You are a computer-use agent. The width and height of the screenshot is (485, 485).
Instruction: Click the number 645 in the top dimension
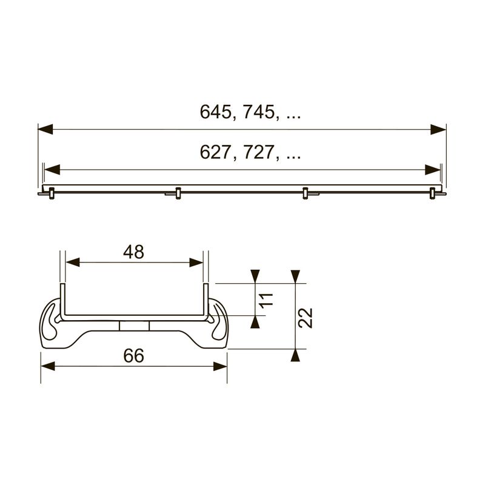pos(215,112)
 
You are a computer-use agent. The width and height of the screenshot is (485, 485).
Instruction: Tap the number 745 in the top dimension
pos(259,112)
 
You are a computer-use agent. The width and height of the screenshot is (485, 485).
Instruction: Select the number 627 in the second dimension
pos(215,152)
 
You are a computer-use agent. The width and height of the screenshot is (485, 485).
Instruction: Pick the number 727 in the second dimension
pos(259,152)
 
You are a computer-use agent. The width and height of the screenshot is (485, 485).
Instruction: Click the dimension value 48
pos(133,252)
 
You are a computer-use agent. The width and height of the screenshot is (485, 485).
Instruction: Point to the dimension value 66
pos(133,356)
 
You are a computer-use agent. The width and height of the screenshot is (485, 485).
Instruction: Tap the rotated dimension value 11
pos(267,299)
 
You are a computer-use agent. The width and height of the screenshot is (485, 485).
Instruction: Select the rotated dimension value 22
pos(306,318)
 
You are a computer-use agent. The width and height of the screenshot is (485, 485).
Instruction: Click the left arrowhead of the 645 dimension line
pos(45,129)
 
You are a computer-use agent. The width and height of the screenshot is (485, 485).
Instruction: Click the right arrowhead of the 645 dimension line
pos(438,129)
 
